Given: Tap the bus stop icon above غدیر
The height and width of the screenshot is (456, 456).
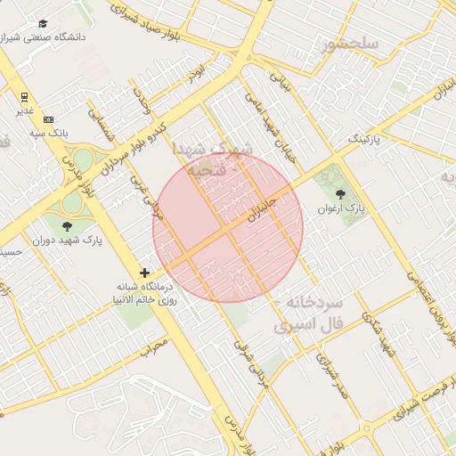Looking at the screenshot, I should [x=24, y=97].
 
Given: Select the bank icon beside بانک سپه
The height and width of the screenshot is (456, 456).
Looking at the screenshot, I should [x=48, y=119].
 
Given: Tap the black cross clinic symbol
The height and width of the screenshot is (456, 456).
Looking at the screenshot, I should [x=145, y=272].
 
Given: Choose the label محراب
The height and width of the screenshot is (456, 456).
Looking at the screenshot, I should [x=155, y=343].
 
